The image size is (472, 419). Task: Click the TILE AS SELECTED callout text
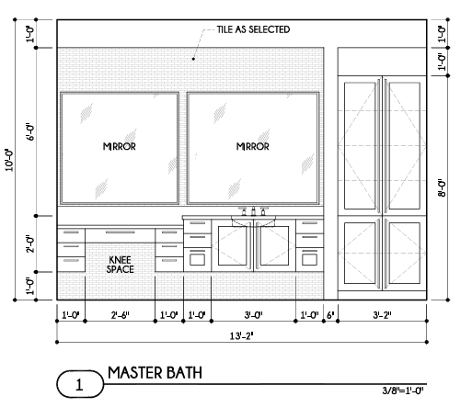(253, 29)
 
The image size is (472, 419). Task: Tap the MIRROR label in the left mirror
(119, 146)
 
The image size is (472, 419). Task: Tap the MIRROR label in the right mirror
(253, 146)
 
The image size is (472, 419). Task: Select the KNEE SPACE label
(120, 265)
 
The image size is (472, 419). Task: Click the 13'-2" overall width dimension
(242, 336)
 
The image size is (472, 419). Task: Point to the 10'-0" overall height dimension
(9, 160)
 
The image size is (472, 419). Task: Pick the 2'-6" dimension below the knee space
(121, 315)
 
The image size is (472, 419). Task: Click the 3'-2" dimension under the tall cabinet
(382, 315)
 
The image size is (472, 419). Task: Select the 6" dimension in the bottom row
(330, 315)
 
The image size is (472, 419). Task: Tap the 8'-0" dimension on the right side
(442, 187)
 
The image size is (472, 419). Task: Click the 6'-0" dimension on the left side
(30, 132)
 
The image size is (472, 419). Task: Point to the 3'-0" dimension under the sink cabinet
(253, 315)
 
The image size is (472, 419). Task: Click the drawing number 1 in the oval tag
(79, 384)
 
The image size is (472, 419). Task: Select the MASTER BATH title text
(155, 373)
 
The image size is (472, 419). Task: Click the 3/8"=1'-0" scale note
(403, 391)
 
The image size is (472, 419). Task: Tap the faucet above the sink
(253, 211)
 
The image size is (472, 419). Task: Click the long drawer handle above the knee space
(120, 232)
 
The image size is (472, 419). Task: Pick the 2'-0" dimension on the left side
(30, 243)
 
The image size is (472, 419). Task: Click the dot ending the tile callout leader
(193, 59)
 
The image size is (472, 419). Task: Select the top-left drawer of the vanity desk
(71, 235)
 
